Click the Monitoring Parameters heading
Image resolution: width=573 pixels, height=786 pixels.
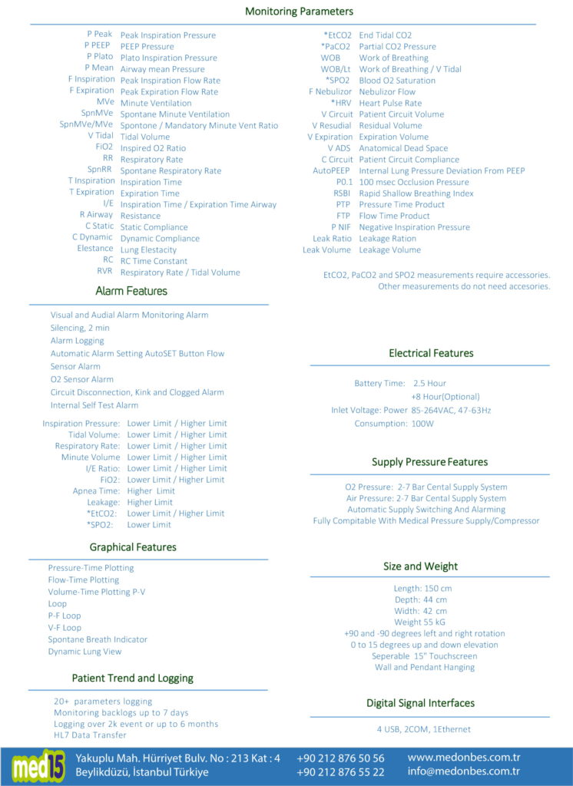(299, 12)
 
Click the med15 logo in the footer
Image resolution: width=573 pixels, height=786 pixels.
(38, 765)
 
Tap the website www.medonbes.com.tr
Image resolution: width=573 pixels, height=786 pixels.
(464, 758)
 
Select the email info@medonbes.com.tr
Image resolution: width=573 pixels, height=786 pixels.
(464, 771)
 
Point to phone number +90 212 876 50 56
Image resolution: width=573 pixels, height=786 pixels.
(340, 758)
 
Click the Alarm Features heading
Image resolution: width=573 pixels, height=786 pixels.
(131, 291)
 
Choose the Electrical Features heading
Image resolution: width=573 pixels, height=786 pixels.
(431, 353)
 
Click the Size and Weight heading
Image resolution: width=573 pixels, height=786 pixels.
(420, 566)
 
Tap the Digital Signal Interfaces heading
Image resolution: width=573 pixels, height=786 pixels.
(420, 703)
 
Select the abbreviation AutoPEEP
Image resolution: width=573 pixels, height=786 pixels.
(332, 170)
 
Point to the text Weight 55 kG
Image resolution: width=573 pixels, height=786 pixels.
(419, 622)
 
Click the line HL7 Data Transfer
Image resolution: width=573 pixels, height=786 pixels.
(90, 735)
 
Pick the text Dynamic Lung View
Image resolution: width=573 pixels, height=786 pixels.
(84, 652)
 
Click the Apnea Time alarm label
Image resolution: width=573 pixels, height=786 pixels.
(97, 491)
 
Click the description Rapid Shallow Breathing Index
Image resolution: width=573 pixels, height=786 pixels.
(416, 193)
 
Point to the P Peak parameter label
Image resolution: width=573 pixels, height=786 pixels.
(99, 35)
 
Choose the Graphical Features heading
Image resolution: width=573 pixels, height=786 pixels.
(133, 547)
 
